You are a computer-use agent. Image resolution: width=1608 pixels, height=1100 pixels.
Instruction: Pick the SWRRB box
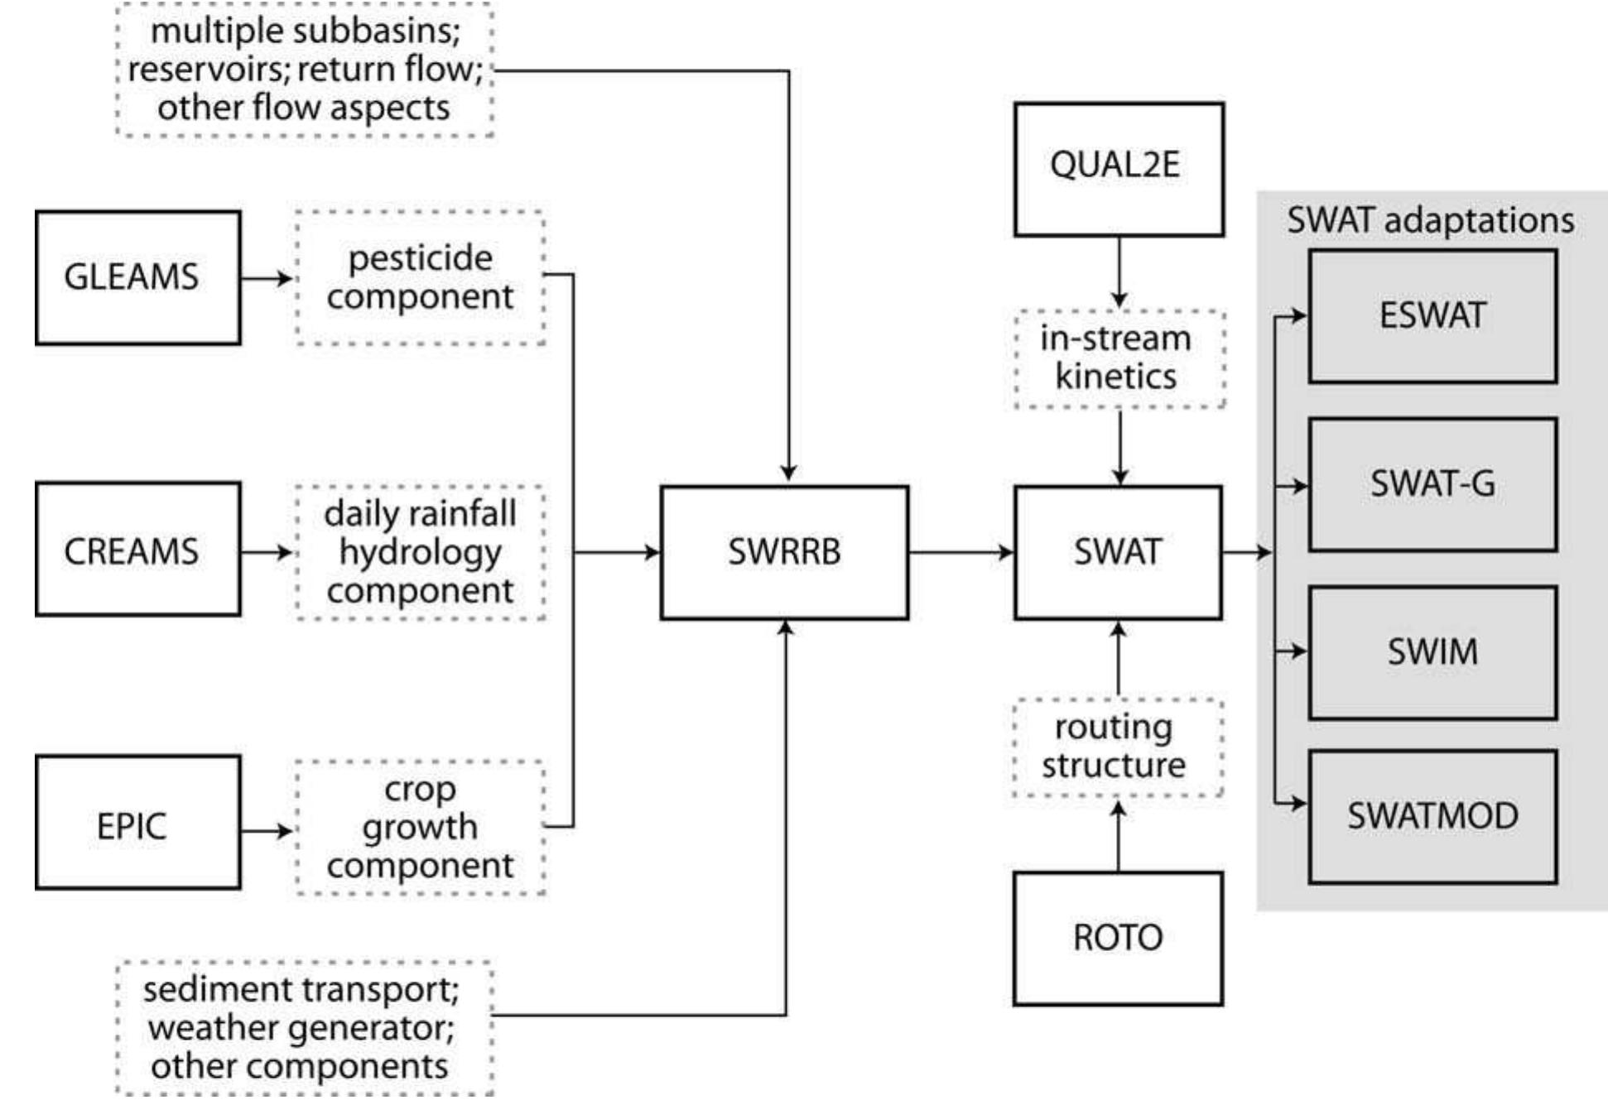click(784, 552)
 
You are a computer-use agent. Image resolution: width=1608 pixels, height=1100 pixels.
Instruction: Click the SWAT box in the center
click(1118, 552)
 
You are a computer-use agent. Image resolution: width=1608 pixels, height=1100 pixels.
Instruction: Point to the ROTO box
click(1118, 939)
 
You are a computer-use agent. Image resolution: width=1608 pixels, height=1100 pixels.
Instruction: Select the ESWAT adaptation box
click(1432, 316)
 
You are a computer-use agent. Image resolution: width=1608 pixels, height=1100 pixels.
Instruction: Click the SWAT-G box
click(1432, 484)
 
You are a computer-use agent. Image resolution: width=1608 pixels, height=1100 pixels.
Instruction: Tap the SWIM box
click(1432, 652)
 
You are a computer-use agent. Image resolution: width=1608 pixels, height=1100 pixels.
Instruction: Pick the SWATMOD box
click(1432, 817)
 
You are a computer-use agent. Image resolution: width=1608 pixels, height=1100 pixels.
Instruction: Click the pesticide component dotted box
click(420, 277)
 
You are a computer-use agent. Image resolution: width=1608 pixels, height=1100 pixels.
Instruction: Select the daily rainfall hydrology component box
click(420, 552)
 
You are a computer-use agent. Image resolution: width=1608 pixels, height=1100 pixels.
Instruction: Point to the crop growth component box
click(420, 827)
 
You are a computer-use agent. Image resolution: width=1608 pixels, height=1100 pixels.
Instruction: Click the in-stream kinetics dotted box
click(1119, 358)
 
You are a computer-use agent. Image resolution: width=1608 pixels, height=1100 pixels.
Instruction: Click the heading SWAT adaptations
click(1430, 220)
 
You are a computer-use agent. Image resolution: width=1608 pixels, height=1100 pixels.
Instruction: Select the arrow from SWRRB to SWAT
click(960, 552)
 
